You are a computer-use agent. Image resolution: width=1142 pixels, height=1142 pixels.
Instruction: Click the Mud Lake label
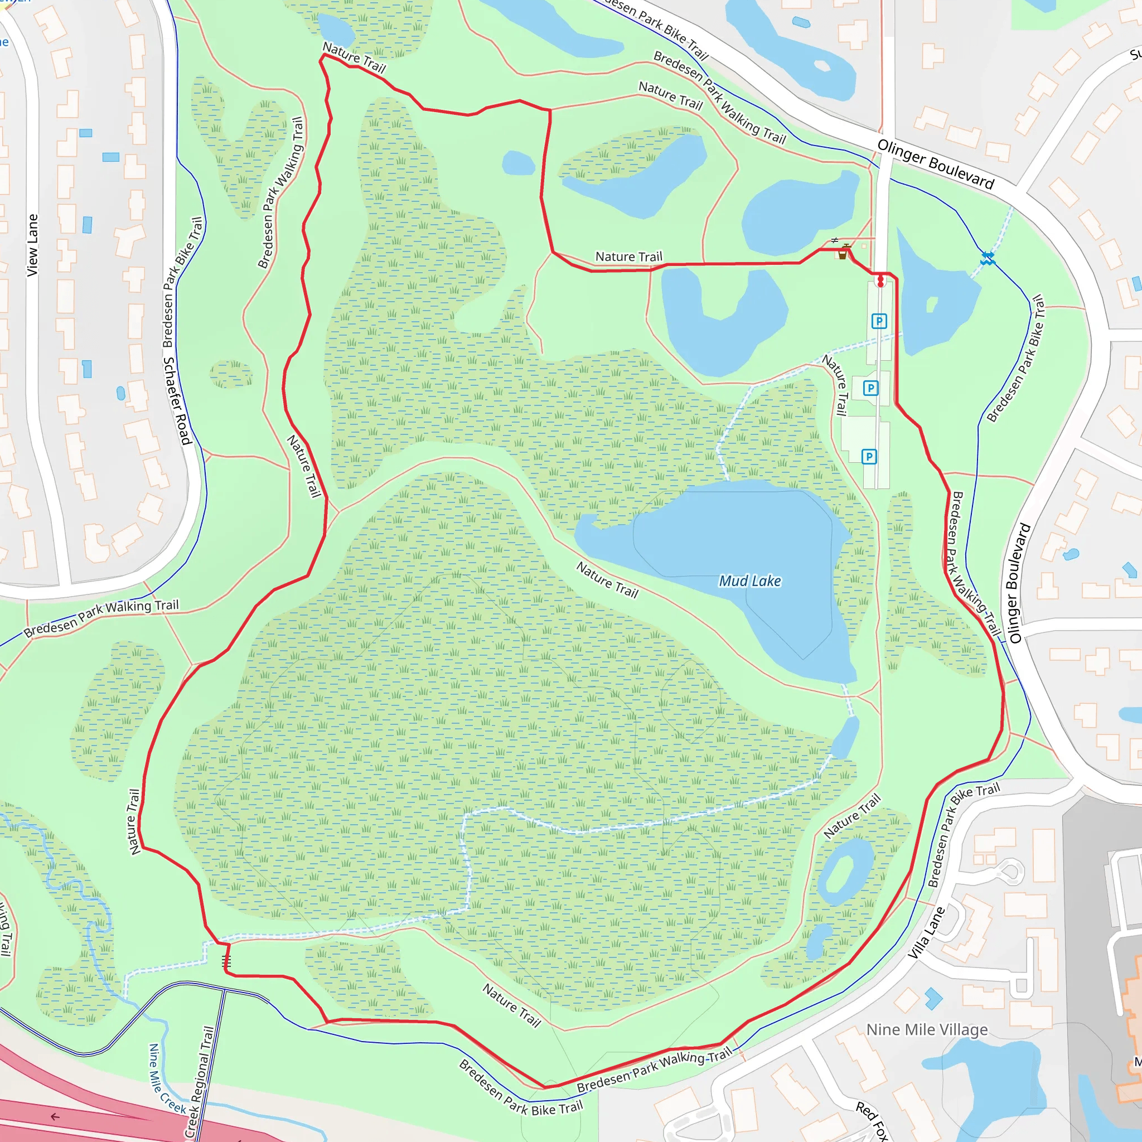[749, 581]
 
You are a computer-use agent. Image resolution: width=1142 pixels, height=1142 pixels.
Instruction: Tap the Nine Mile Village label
[927, 1030]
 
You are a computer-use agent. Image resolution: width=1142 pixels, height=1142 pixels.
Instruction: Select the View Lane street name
[32, 245]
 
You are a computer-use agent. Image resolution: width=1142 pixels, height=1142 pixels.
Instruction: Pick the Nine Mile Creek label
[166, 1080]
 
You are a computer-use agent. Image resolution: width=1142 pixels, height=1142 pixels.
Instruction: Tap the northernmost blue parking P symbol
[879, 322]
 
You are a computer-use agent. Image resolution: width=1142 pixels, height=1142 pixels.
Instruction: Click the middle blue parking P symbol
[870, 388]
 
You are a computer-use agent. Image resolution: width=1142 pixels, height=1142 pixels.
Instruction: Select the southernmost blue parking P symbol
[869, 456]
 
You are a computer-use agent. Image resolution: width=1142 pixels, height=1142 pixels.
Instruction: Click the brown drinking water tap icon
[843, 254]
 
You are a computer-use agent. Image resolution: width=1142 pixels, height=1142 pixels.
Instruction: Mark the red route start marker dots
[880, 282]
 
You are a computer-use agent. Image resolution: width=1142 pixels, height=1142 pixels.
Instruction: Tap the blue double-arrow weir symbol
[987, 258]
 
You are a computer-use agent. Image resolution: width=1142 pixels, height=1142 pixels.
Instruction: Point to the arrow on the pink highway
[55, 1116]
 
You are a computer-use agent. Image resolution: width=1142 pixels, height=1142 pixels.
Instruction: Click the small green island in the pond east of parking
[932, 304]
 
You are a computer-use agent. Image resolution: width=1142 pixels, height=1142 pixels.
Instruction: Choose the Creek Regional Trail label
[199, 1082]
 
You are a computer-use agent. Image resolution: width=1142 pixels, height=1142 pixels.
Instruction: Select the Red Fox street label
[873, 1120]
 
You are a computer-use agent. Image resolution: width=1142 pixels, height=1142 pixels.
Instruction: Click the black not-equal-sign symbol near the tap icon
[834, 240]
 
